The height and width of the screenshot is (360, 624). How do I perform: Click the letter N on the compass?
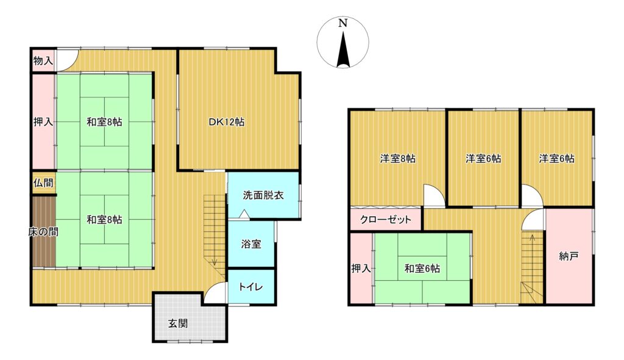[342, 23]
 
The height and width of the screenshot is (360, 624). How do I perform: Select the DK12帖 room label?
[227, 122]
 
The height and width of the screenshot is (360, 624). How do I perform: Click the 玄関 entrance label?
[177, 323]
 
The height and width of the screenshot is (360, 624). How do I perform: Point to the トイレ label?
[250, 286]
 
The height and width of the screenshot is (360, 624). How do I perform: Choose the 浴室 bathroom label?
[251, 244]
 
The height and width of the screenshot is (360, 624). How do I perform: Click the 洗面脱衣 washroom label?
[263, 195]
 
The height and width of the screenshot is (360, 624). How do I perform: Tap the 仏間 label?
[43, 183]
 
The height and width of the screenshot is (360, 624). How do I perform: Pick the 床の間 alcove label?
[43, 231]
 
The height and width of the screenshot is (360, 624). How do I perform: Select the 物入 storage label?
[43, 60]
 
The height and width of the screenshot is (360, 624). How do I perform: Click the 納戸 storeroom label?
[569, 256]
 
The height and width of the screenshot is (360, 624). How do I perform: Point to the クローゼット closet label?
[385, 219]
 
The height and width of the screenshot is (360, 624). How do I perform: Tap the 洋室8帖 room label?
[397, 159]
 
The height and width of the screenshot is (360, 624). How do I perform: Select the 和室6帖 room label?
[422, 269]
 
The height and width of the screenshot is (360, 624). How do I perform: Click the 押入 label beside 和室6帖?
[361, 269]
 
